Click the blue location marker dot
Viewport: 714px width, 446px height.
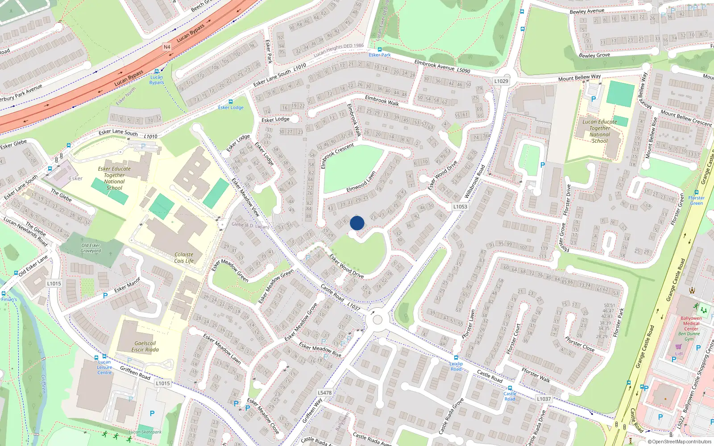click(357, 223)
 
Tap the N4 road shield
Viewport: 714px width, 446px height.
click(167, 47)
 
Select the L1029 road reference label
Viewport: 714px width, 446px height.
click(501, 81)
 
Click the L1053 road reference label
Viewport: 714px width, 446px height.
click(460, 206)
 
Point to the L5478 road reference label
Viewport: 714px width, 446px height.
click(324, 393)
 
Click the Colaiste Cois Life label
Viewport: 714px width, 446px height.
click(184, 258)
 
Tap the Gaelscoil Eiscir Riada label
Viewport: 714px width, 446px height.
click(145, 347)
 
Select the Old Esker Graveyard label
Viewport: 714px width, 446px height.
click(91, 248)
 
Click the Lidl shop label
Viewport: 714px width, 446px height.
click(679, 354)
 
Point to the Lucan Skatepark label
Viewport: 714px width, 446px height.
click(145, 432)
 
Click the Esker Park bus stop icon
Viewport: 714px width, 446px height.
click(380, 50)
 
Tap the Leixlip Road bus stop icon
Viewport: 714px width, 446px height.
click(456, 358)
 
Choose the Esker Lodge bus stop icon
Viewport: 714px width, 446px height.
click(230, 102)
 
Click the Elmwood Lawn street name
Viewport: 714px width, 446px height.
click(361, 182)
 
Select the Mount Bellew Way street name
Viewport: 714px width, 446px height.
click(579, 78)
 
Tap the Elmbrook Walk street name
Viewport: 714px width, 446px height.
click(382, 100)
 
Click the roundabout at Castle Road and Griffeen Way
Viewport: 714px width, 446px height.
click(378, 320)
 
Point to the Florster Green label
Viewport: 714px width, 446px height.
click(696, 200)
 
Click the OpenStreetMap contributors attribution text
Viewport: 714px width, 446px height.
click(680, 442)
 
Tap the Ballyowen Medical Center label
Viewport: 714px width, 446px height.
click(691, 323)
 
